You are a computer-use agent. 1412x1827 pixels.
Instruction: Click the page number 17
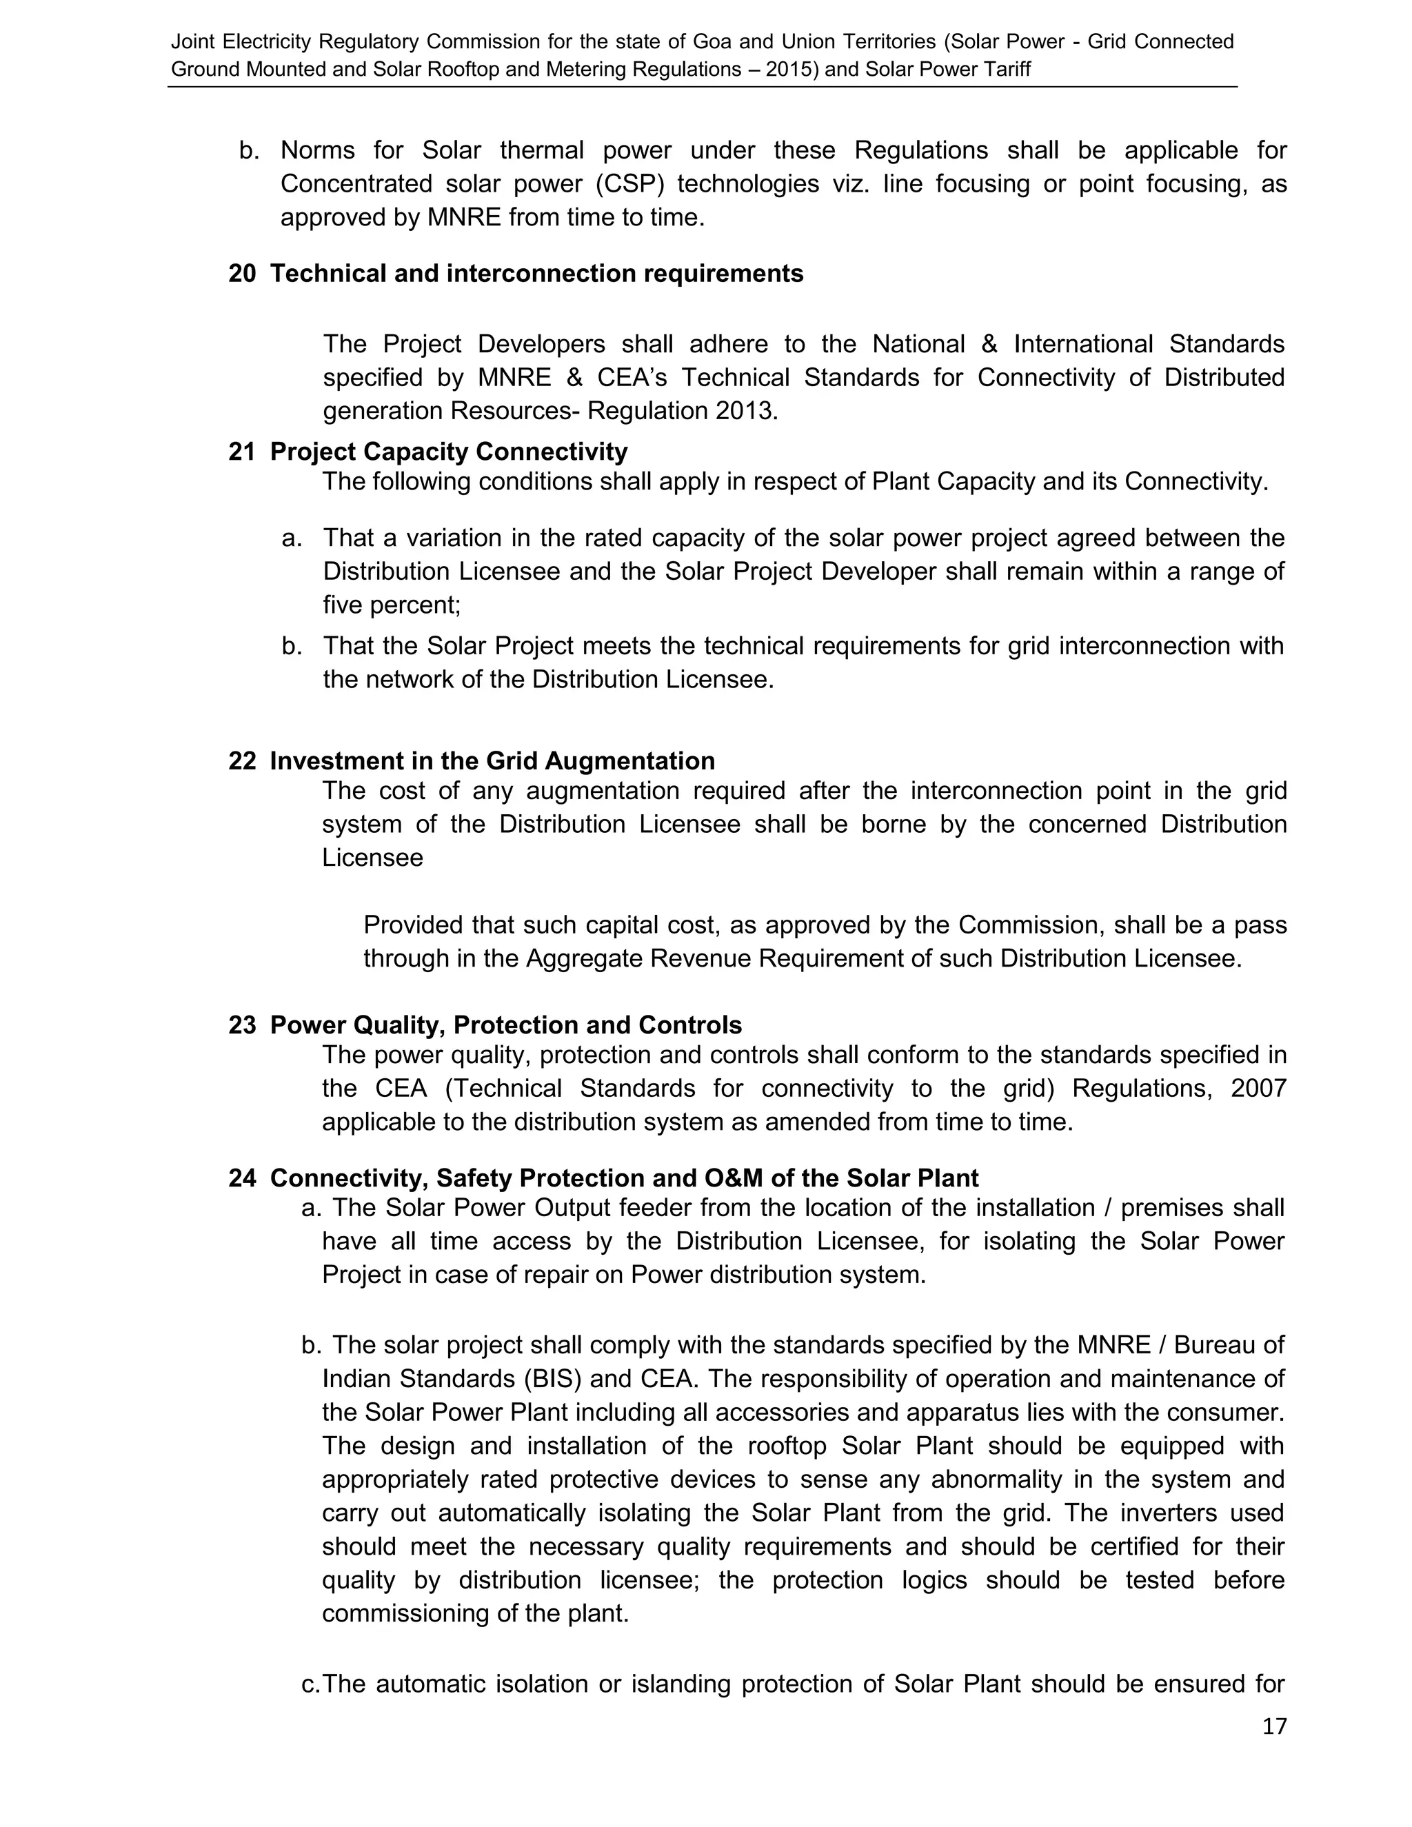1274,1726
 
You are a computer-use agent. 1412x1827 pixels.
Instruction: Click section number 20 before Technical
242,274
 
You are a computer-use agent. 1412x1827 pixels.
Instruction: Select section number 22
242,760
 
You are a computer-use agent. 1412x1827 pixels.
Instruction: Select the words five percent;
392,605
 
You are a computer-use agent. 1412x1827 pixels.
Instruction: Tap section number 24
242,1178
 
